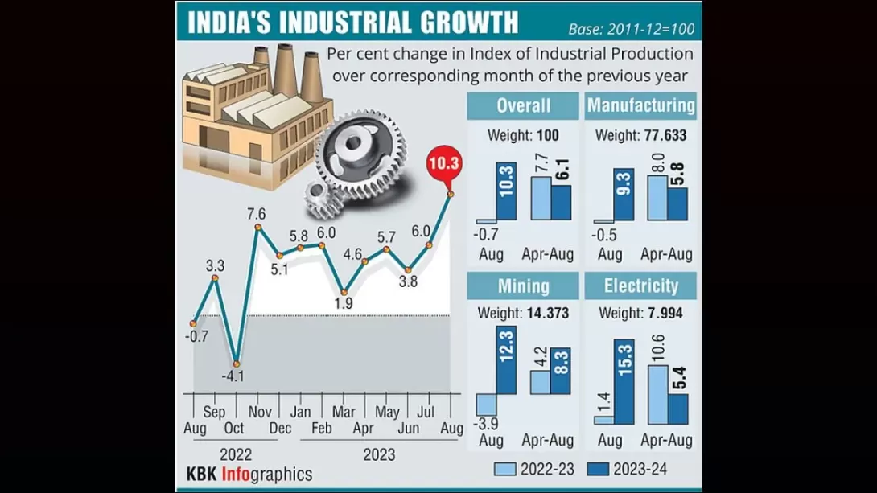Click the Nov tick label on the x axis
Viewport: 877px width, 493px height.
click(x=258, y=412)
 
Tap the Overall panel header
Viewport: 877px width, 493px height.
click(x=523, y=105)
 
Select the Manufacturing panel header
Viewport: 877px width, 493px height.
click(x=641, y=105)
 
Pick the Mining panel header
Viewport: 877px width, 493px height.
click(x=523, y=286)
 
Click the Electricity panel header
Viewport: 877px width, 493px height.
click(x=641, y=286)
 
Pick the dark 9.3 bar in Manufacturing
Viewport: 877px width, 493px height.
click(x=624, y=194)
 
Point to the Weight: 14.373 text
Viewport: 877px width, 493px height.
click(x=523, y=313)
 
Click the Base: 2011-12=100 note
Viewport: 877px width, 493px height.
click(x=641, y=30)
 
